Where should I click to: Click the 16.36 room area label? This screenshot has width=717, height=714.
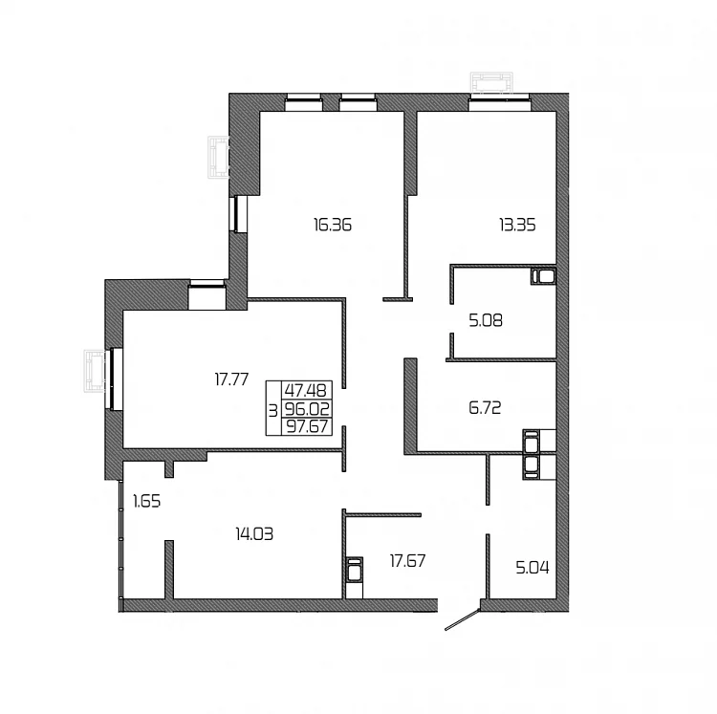[x=333, y=225]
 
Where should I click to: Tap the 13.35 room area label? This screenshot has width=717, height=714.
[x=517, y=225]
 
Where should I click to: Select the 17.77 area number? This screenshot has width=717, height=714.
[x=232, y=379]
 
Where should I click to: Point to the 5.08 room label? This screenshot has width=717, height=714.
[x=486, y=320]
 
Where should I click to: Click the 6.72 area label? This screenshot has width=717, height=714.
[x=485, y=407]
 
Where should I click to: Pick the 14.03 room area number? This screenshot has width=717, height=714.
[x=254, y=533]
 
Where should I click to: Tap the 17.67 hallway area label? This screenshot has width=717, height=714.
[x=407, y=560]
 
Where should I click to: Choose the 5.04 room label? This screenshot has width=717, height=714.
[x=532, y=568]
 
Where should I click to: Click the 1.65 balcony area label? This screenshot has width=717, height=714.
[x=147, y=502]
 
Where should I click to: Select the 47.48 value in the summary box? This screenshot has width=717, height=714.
[x=306, y=390]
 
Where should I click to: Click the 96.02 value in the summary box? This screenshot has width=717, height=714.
[x=307, y=408]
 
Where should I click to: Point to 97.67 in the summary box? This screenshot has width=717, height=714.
[x=307, y=426]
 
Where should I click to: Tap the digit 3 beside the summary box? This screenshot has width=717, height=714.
[x=273, y=411]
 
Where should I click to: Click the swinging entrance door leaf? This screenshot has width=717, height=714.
[x=463, y=619]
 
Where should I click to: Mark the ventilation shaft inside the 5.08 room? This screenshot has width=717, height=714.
[x=543, y=276]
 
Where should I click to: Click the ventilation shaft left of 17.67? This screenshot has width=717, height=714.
[x=355, y=570]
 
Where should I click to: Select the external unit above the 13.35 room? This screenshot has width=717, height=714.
[x=491, y=84]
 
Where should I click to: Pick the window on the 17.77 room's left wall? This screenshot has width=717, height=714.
[x=115, y=379]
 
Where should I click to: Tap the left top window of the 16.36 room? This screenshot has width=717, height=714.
[x=303, y=102]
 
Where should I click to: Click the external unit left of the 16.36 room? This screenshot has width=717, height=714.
[x=218, y=157]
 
